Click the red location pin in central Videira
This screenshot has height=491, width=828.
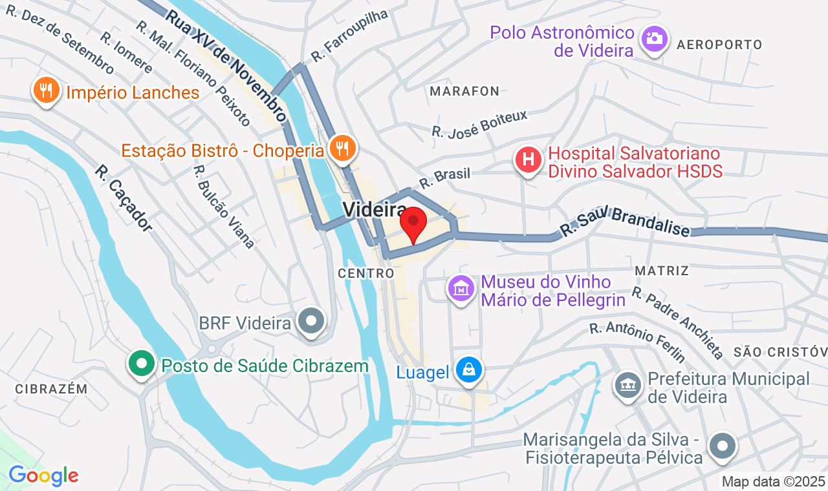[x=413, y=224]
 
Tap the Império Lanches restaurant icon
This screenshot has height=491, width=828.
[x=45, y=90]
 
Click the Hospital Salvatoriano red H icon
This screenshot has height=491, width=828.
[x=528, y=159]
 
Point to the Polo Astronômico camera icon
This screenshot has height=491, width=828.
[x=654, y=39]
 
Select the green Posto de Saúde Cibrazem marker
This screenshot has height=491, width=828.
[x=141, y=364]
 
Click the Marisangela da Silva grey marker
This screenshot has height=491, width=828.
[x=722, y=446]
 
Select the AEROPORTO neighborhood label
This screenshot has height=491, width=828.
[x=719, y=45]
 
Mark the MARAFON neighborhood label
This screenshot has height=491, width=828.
[x=464, y=91]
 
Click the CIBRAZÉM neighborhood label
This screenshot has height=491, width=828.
[x=50, y=388]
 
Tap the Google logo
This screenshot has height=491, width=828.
[x=43, y=476]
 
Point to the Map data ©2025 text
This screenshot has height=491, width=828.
[x=773, y=481]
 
